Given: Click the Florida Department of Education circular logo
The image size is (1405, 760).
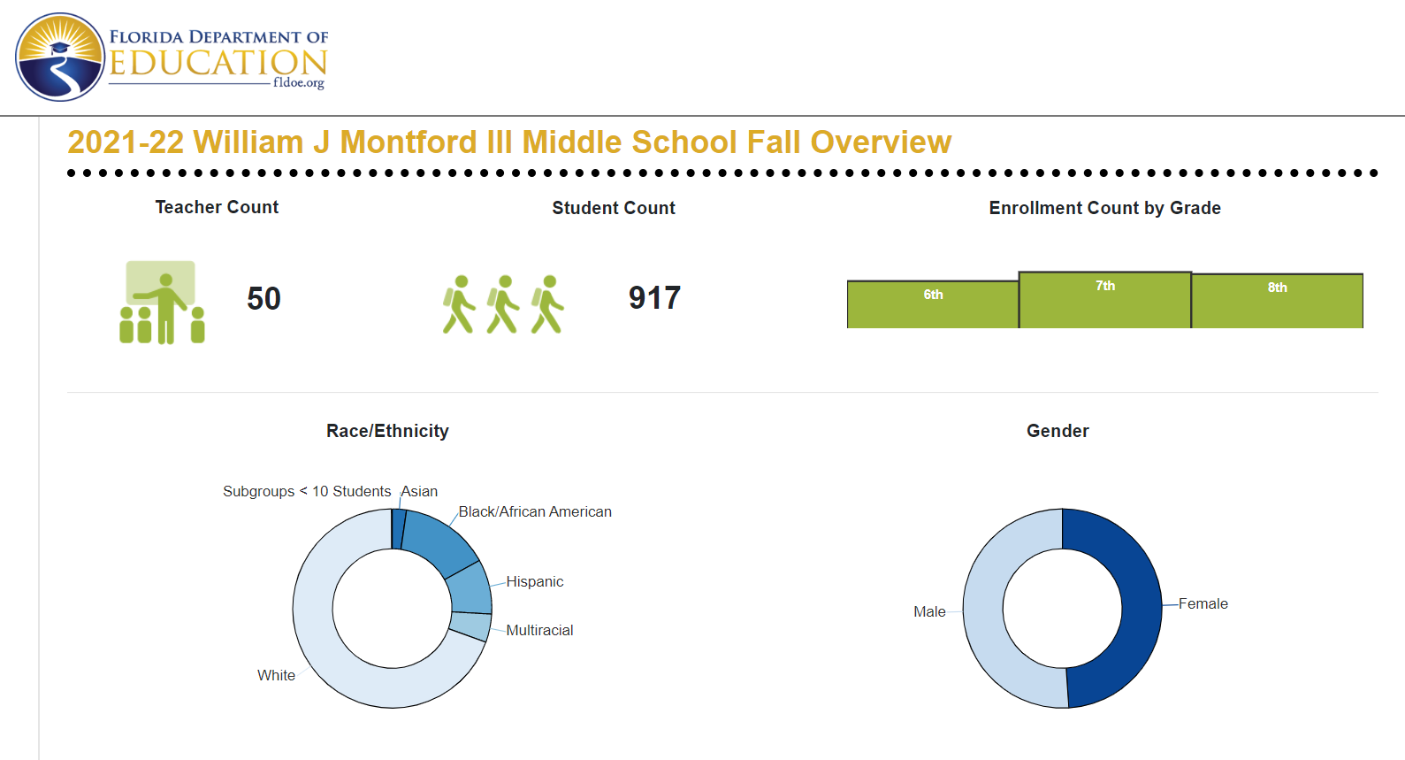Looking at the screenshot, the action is pos(60,58).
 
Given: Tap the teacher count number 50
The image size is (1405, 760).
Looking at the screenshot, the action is pos(263,299).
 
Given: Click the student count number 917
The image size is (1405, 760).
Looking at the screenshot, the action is pos(654,298).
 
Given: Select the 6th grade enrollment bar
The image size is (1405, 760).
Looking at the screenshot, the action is pos(933,304).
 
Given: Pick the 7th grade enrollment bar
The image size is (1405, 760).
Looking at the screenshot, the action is pos(1104,300).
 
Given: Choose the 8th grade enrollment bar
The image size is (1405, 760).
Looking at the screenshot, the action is pos(1277,301).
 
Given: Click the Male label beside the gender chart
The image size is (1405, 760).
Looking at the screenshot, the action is pos(929,612).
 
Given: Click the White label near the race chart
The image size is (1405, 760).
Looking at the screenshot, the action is pos(276,675).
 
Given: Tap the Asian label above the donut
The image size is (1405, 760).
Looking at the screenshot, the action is pos(419,491).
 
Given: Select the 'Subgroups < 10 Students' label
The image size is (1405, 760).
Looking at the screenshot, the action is pos(307,491).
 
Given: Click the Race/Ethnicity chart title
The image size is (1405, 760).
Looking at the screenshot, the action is pos(387,431).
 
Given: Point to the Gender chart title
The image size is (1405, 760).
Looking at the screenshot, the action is pos(1058,431).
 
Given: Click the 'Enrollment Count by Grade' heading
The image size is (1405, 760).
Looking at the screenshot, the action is pos(1104,208).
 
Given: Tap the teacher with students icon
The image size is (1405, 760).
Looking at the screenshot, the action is pos(162,303).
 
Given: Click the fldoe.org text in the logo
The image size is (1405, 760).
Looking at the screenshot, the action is pos(299,83).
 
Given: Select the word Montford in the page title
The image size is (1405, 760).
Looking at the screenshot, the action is pos(409,142).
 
